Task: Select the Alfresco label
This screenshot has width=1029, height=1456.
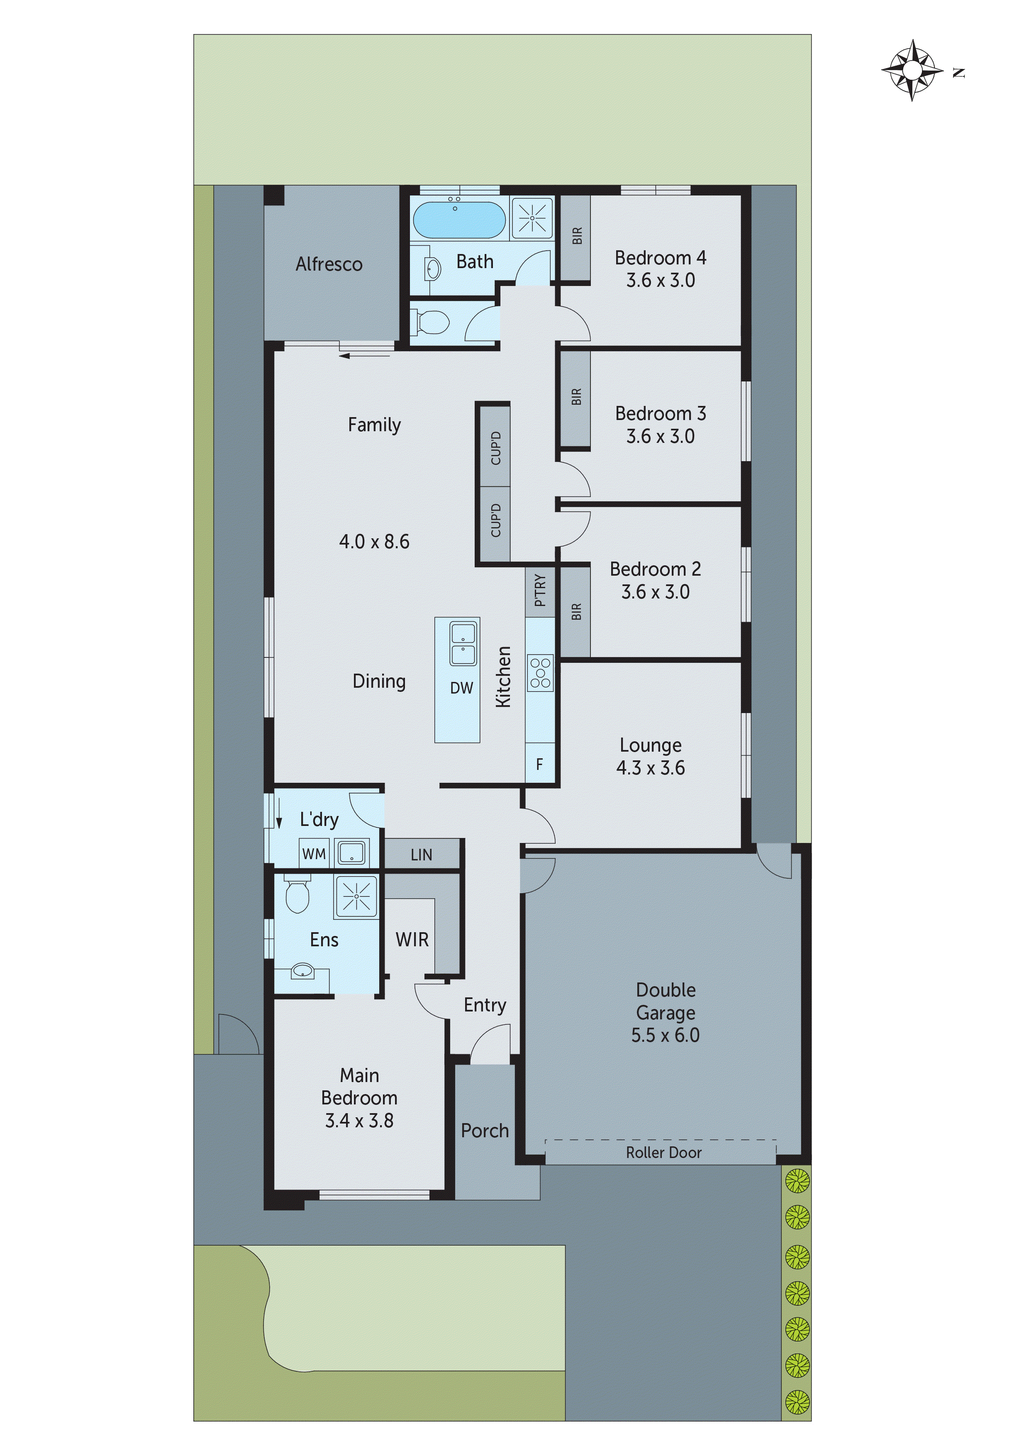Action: [329, 264]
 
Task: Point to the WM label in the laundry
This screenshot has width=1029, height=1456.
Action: [314, 854]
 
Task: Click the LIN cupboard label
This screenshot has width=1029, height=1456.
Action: [421, 855]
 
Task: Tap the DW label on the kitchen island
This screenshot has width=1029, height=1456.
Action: [461, 688]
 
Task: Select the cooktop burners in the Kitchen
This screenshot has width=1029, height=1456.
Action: [540, 673]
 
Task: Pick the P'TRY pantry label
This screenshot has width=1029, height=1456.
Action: [539, 590]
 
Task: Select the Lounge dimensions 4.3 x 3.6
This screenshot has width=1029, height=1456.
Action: [651, 768]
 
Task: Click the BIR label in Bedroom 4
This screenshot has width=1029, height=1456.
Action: [576, 236]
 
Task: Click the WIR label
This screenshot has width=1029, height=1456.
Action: [412, 940]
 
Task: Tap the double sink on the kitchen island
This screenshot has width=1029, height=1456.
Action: [463, 643]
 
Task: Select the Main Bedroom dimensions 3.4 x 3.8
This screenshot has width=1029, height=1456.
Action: [359, 1121]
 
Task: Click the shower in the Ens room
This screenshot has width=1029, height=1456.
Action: [356, 896]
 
